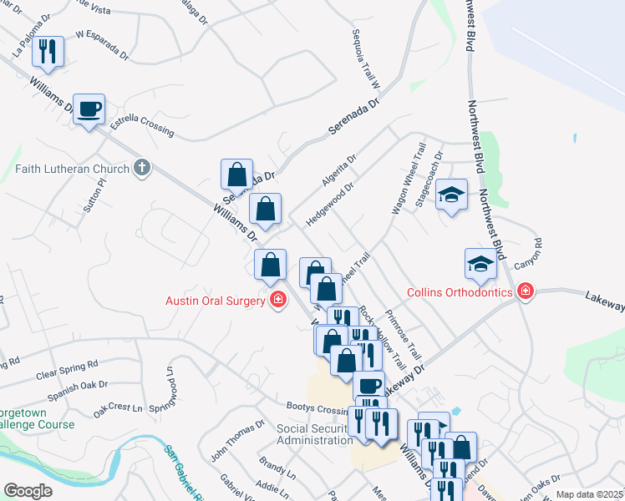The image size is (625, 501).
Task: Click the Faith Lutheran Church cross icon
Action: [x=142, y=168]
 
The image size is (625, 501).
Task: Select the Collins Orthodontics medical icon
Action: [x=526, y=292]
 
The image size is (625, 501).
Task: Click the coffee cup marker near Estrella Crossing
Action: [x=89, y=109]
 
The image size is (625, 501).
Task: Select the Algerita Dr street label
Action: [x=338, y=170]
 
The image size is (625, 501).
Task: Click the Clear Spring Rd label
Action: [x=67, y=370]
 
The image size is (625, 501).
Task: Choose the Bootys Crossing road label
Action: [x=316, y=410]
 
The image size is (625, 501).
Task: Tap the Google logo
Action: [x=28, y=491]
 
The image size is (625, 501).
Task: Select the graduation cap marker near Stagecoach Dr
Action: [x=452, y=195]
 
